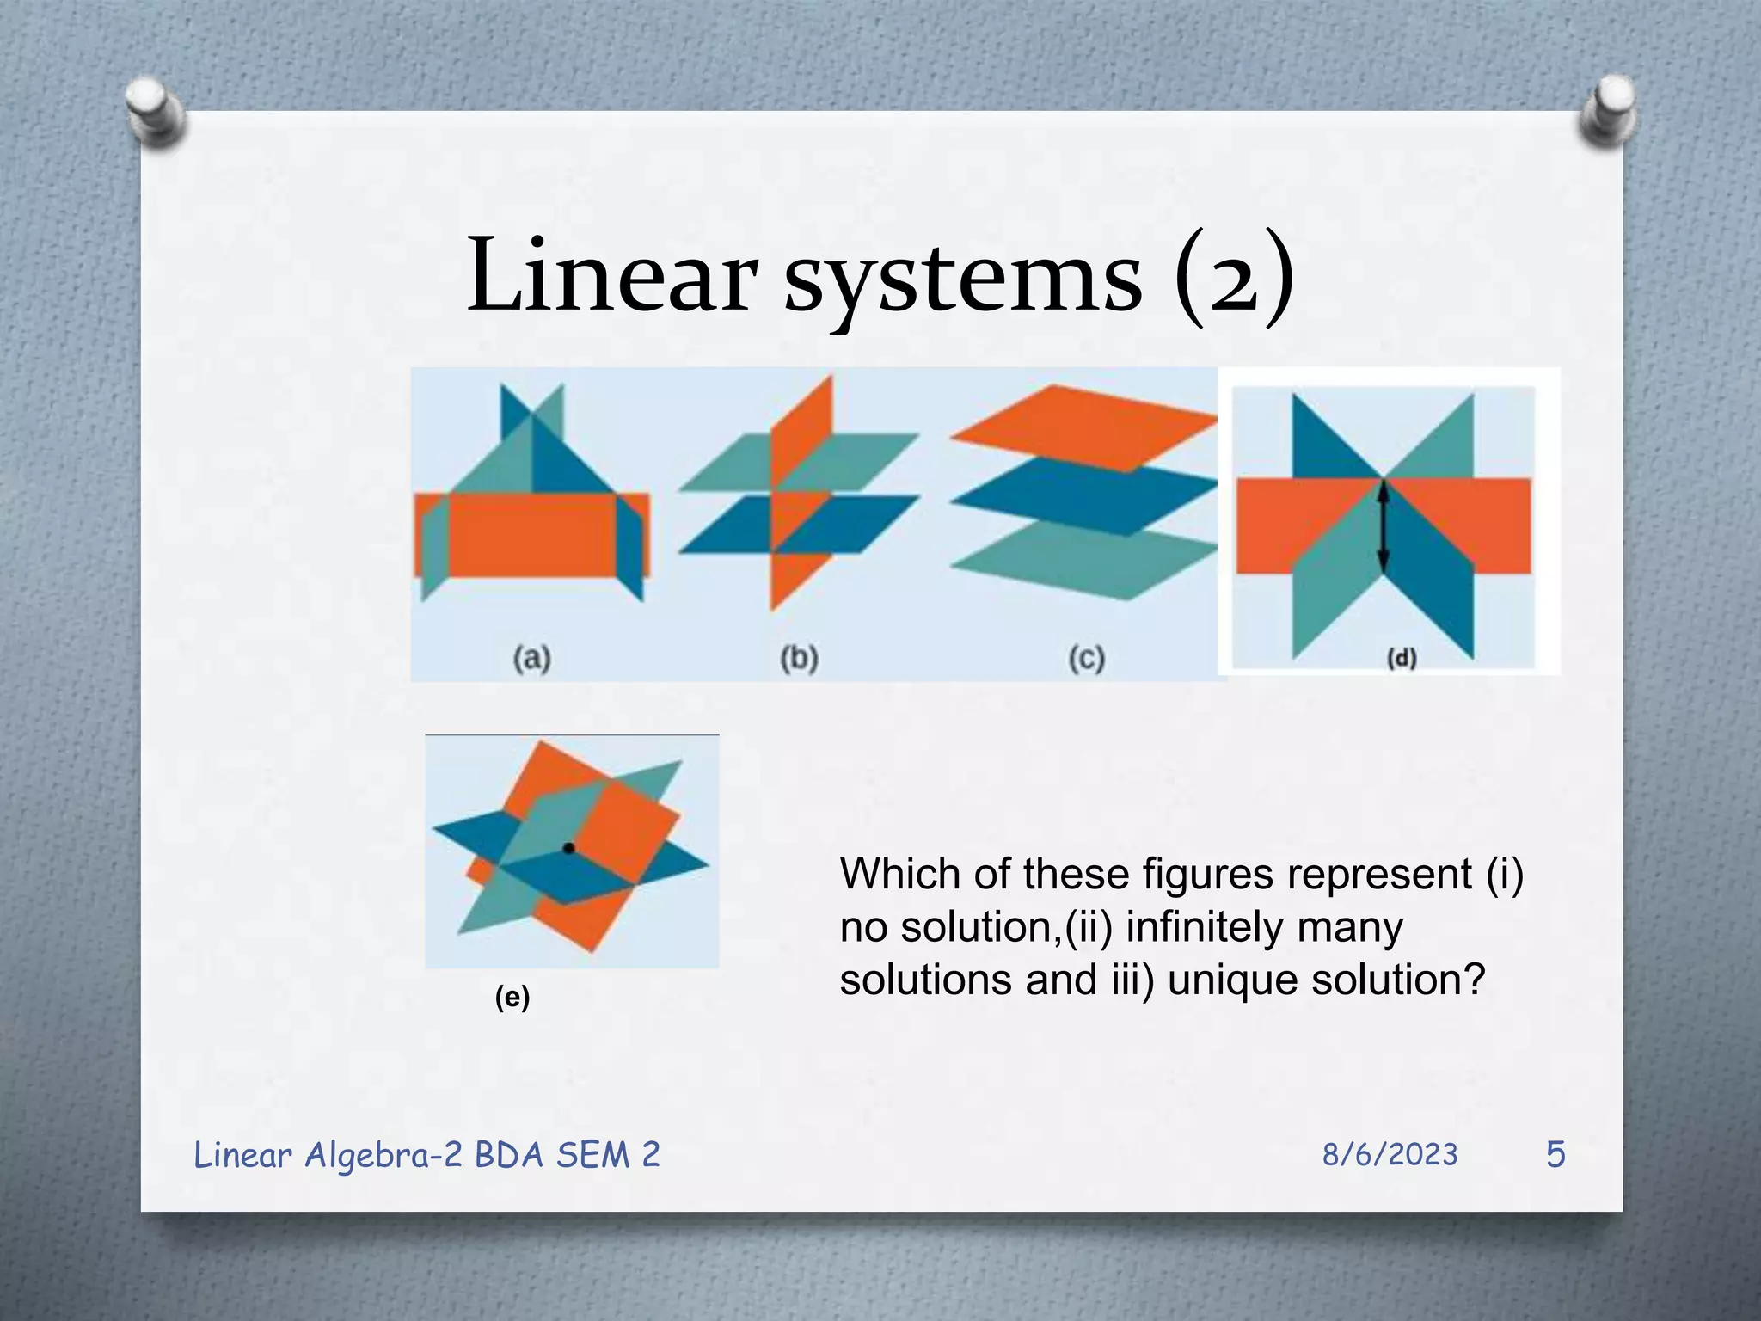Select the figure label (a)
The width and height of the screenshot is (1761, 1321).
532,659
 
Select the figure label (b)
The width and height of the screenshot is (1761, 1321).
799,659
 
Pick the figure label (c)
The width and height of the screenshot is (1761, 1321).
1086,659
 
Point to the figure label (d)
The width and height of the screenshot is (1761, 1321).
1402,658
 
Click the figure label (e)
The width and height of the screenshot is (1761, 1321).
512,998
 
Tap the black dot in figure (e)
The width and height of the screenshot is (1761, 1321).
568,848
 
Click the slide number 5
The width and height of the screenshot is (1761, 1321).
1555,1154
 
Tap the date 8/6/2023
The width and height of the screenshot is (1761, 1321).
1390,1154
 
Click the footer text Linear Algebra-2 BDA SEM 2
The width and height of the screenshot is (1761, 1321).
426,1154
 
